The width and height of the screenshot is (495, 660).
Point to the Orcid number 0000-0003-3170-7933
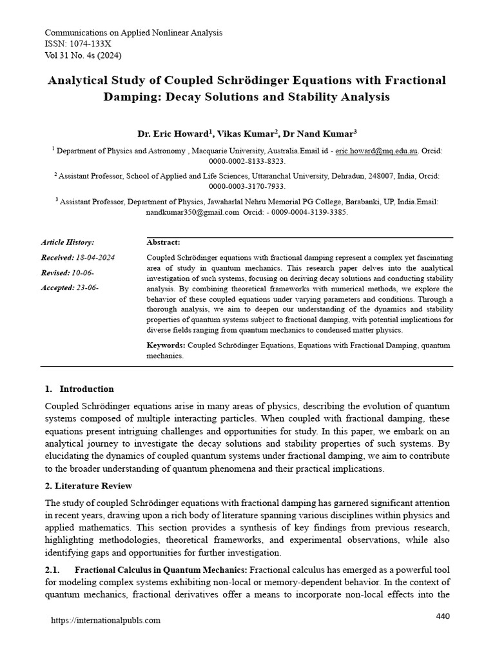(x=247, y=186)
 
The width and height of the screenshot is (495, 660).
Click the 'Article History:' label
(x=68, y=242)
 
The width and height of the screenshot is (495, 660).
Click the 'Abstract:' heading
(x=164, y=242)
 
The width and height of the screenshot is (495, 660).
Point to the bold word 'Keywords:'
(x=166, y=345)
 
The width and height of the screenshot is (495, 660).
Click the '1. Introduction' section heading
(x=79, y=389)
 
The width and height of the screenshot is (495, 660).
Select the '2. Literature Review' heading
(x=88, y=485)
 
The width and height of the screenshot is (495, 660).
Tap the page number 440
(x=443, y=616)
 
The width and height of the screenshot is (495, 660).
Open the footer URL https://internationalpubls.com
(x=106, y=621)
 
